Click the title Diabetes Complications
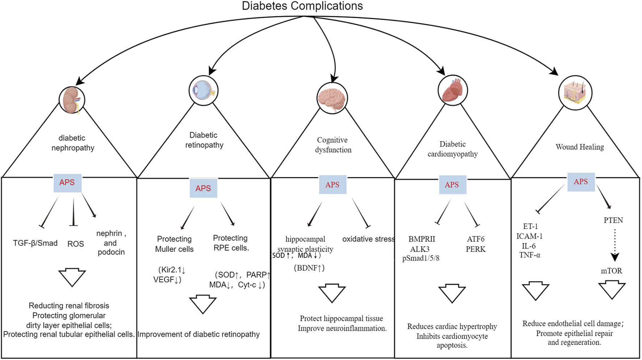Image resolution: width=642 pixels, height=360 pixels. coord(302,6)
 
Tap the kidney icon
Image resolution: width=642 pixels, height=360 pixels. coord(72,100)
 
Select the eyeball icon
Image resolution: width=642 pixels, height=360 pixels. coord(204,91)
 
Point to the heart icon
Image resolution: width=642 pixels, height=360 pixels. coord(453,90)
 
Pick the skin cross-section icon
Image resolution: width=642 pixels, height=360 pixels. coord(575,92)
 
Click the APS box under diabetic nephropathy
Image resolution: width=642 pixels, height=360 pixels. coord(67,182)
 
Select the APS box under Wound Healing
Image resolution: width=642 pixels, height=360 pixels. coord(580,182)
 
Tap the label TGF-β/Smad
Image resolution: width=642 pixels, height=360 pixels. coord(35,243)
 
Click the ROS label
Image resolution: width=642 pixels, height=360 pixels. coord(75,244)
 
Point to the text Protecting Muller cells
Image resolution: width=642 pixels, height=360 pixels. coord(174,244)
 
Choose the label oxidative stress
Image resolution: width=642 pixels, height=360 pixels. coord(368,239)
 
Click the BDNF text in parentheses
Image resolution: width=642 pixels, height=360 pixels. coord(309,268)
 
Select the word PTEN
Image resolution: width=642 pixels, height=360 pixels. coord(613,220)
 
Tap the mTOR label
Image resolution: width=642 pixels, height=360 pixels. coord(612,270)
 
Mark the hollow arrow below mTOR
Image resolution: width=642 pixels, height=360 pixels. coord(612,290)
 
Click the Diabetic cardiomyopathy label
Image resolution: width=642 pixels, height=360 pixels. coord(453,149)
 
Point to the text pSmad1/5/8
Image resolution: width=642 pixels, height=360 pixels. coord(421,258)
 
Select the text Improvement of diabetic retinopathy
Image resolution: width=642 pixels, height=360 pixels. coord(199,334)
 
